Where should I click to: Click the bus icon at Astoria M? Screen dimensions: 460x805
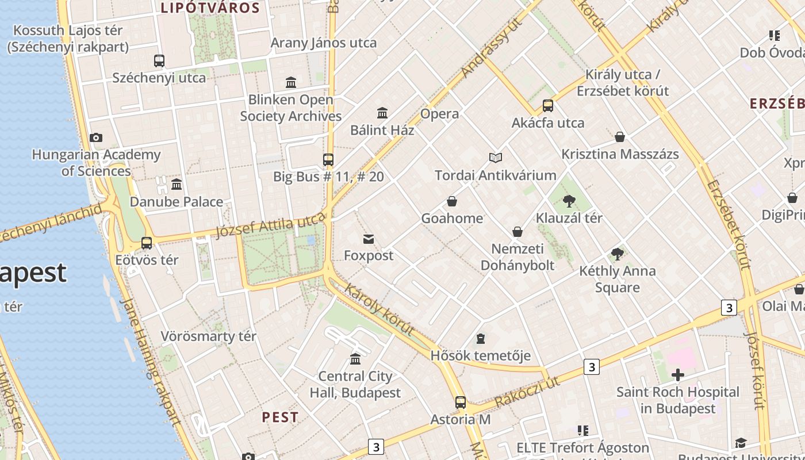[x=460, y=402]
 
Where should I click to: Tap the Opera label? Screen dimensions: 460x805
[x=440, y=114]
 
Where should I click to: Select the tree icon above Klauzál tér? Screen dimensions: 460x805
[x=569, y=201]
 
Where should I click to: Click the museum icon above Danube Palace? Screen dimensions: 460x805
[x=177, y=185]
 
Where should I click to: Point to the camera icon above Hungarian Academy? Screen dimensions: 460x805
[x=96, y=137]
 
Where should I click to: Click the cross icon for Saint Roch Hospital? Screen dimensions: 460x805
[x=678, y=375]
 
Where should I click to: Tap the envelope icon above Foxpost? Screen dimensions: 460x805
[x=369, y=239]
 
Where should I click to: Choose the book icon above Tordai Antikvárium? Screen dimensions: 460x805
[x=496, y=158]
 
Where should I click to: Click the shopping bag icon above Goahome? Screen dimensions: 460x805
[x=452, y=201]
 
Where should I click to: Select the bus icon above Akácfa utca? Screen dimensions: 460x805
[x=547, y=106]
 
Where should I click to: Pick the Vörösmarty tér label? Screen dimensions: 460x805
[x=208, y=336]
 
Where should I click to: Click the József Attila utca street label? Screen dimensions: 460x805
[x=270, y=225]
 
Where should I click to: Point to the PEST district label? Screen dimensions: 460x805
[x=280, y=417]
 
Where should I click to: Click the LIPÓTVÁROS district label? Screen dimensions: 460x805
[x=210, y=8]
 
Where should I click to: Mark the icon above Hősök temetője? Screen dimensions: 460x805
[x=481, y=339]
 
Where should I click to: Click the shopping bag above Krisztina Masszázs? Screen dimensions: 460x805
[x=620, y=137]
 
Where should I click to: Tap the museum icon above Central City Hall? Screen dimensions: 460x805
[x=355, y=359]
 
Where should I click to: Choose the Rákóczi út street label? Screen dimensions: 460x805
[x=527, y=393]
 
